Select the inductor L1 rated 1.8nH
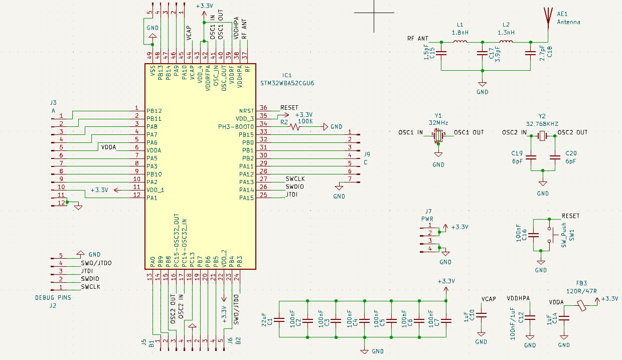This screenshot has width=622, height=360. pyautogui.click(x=460, y=42)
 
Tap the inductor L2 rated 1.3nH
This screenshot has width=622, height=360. pyautogui.click(x=506, y=42)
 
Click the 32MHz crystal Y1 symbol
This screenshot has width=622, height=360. pyautogui.click(x=438, y=135)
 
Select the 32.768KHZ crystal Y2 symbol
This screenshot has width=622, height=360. pyautogui.click(x=542, y=135)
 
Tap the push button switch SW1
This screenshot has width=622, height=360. pyautogui.click(x=555, y=234)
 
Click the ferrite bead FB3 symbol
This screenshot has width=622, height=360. pyautogui.click(x=582, y=305)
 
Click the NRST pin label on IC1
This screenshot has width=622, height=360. pyautogui.click(x=247, y=110)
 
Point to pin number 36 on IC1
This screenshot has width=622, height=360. pyautogui.click(x=263, y=108)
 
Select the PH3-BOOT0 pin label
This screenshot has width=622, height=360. pyautogui.click(x=236, y=126)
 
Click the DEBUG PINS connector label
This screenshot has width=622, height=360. pyautogui.click(x=53, y=297)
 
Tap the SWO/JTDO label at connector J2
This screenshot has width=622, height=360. pyautogui.click(x=96, y=263)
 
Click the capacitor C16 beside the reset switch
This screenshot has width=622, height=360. pyautogui.click(x=534, y=234)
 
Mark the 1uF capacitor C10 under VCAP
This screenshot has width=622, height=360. pyautogui.click(x=481, y=315)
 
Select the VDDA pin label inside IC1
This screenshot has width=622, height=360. pyautogui.click(x=153, y=150)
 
